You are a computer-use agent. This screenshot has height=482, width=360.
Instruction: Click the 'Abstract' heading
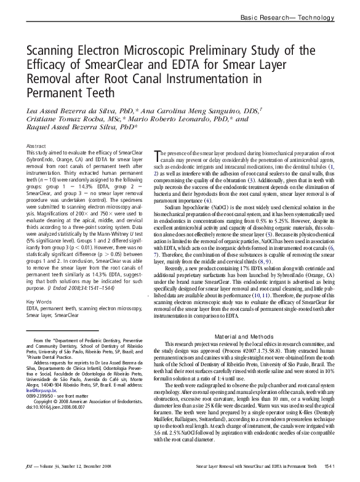click(x=35, y=145)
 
